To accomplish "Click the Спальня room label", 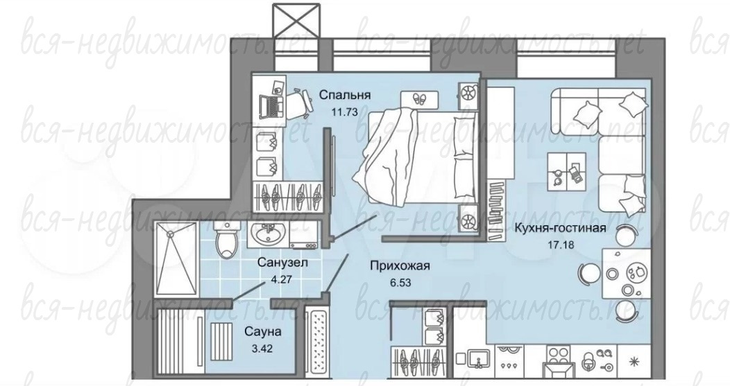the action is pyautogui.click(x=344, y=96).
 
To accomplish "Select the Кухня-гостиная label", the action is pyautogui.click(x=560, y=228).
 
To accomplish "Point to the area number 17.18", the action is pyautogui.click(x=561, y=244).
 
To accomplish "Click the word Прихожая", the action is pyautogui.click(x=400, y=266).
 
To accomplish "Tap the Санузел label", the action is pyautogui.click(x=282, y=263).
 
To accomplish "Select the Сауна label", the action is pyautogui.click(x=263, y=331).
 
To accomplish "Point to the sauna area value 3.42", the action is pyautogui.click(x=262, y=348).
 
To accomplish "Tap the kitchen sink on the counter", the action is pyautogui.click(x=475, y=360).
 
